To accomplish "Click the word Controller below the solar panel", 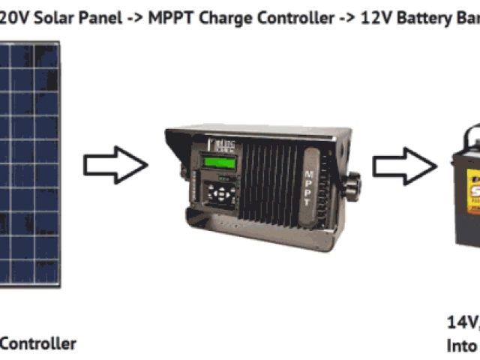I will coord(37,343).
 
